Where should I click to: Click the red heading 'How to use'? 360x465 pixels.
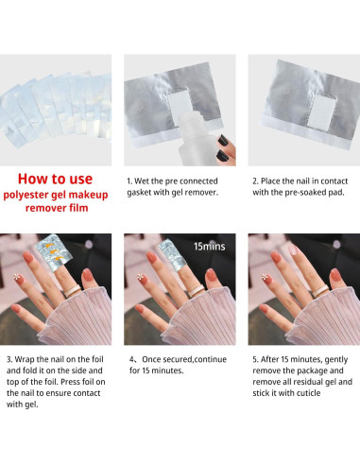[x=56, y=180]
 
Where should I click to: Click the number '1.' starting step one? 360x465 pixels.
[x=129, y=177]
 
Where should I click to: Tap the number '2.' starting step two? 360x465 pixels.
[x=252, y=177]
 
